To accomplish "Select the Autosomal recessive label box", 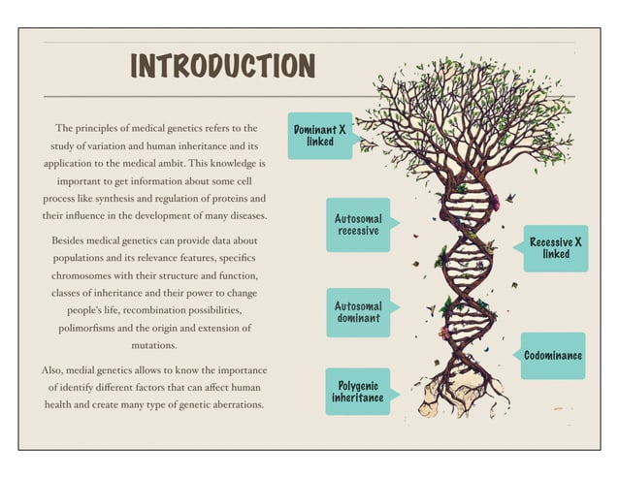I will [357, 224].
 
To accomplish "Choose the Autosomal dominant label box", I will [357, 312].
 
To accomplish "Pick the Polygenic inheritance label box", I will [357, 391].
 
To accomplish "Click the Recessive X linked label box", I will [556, 247].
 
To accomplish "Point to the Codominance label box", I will [553, 356].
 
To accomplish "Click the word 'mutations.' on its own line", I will [155, 345].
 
